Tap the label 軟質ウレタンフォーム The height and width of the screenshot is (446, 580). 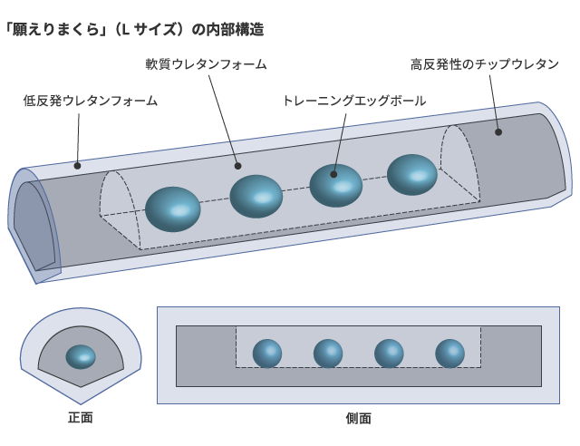pyautogui.click(x=206, y=64)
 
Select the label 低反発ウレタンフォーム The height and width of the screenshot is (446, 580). pyautogui.click(x=91, y=101)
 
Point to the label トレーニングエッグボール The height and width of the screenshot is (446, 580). pyautogui.click(x=353, y=101)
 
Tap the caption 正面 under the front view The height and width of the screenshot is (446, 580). pyautogui.click(x=81, y=418)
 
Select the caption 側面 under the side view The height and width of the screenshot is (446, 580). pyautogui.click(x=358, y=418)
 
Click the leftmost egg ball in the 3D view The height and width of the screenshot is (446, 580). pyautogui.click(x=173, y=208)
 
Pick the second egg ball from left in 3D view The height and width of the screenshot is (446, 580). pyautogui.click(x=256, y=196)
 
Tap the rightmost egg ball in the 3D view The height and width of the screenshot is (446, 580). pyautogui.click(x=412, y=175)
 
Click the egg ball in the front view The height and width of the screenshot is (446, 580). pyautogui.click(x=81, y=356)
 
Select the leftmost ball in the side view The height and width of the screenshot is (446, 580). pyautogui.click(x=267, y=353)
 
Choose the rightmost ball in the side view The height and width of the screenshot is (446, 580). pyautogui.click(x=449, y=353)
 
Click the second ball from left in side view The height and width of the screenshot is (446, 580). pyautogui.click(x=328, y=353)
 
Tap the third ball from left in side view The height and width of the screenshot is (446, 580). pyautogui.click(x=389, y=353)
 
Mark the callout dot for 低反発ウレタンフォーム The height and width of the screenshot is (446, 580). pyautogui.click(x=77, y=166)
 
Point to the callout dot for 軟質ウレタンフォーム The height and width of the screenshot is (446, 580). pyautogui.click(x=237, y=166)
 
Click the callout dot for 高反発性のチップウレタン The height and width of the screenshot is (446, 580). pyautogui.click(x=498, y=132)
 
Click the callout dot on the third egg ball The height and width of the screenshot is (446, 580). pyautogui.click(x=333, y=174)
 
